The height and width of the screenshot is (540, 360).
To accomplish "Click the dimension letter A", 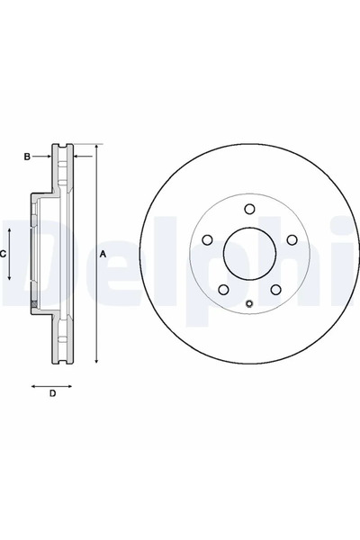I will (x=103, y=255).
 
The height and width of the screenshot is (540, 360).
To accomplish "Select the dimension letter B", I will (x=27, y=157).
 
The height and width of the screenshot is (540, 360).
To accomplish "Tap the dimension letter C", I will (x=4, y=255).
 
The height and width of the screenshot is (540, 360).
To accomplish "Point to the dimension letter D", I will (x=52, y=393).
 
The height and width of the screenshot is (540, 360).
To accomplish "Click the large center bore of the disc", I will (x=248, y=256).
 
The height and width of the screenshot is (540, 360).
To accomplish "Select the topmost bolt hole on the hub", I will (x=248, y=211).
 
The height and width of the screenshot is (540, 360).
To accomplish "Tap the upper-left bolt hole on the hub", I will (x=206, y=241).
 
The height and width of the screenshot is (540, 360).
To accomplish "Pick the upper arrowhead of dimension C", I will (x=12, y=230).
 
